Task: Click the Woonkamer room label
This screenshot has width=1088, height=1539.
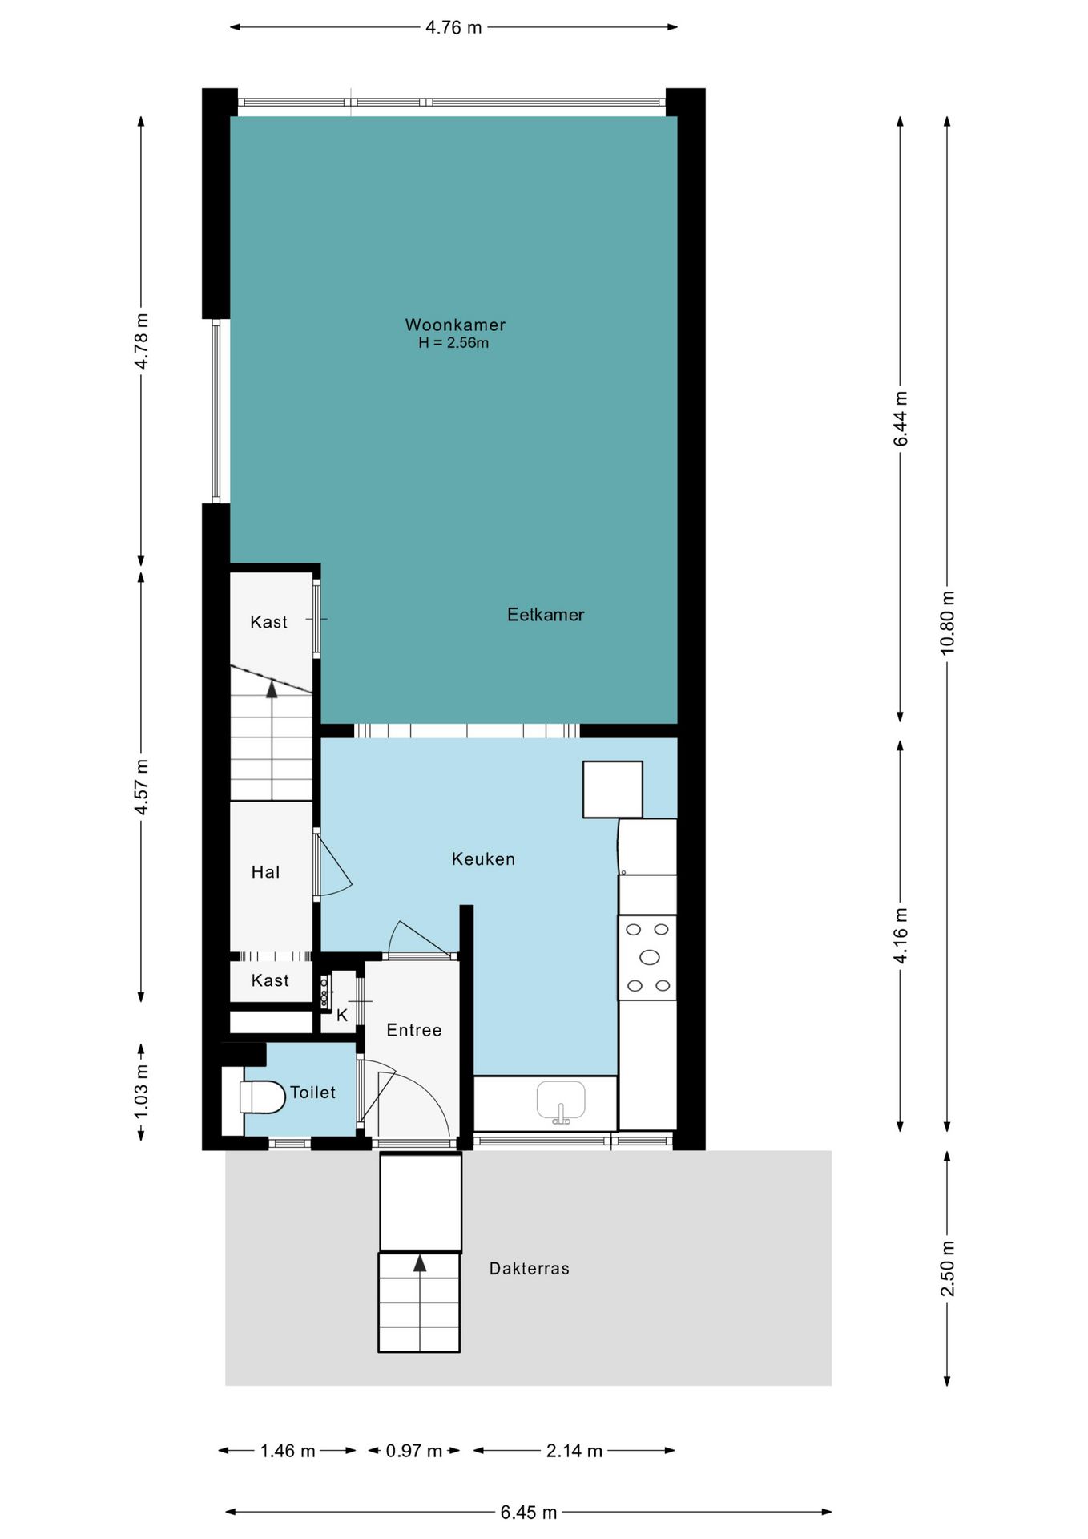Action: click(455, 325)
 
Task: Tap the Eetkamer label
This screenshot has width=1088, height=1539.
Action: click(546, 615)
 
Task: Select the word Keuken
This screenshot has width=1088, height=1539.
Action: click(483, 859)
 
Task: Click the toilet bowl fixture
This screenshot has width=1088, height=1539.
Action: click(263, 1097)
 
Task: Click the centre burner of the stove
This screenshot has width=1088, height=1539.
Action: click(650, 957)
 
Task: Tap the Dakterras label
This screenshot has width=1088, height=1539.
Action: click(530, 1269)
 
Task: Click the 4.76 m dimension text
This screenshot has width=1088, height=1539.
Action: click(453, 27)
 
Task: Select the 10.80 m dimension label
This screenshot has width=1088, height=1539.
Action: click(948, 623)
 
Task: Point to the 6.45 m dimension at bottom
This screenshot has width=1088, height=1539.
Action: click(529, 1513)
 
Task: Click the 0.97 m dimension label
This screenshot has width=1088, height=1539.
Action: click(414, 1451)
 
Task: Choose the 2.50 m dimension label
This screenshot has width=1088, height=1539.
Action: click(948, 1268)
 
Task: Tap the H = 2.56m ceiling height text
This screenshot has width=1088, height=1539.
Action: click(453, 343)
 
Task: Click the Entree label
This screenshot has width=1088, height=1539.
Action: click(414, 1030)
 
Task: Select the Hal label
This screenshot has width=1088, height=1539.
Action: click(266, 872)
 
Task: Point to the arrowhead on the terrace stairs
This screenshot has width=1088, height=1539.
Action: click(420, 1263)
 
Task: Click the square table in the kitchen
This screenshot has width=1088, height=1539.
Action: click(613, 790)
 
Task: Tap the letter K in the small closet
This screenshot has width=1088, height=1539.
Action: click(342, 1016)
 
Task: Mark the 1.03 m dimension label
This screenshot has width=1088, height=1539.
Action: click(142, 1091)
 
